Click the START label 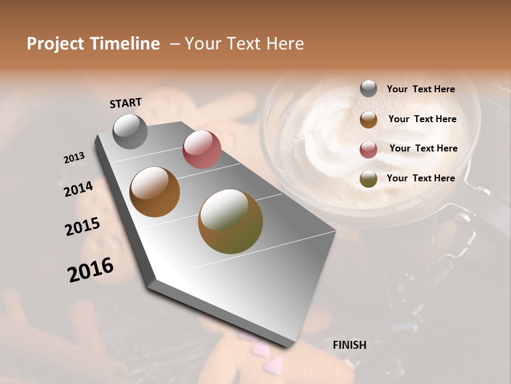(126, 103)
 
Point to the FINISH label (349, 345)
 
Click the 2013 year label (74, 158)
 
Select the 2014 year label (78, 189)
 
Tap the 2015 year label (82, 227)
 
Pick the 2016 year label (90, 269)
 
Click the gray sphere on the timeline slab (130, 131)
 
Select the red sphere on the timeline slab (202, 149)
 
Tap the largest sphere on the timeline (230, 221)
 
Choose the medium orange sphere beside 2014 (154, 192)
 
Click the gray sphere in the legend (368, 89)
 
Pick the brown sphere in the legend (368, 119)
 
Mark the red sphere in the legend (368, 149)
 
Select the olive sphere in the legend (368, 179)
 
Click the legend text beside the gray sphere (421, 89)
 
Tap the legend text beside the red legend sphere (423, 148)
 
